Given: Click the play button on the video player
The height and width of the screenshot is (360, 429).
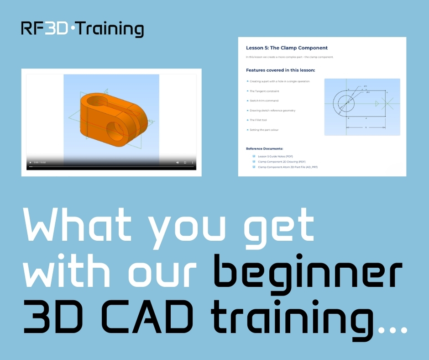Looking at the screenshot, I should click(x=31, y=163).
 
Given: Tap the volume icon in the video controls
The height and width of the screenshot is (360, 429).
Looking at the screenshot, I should click(x=178, y=163).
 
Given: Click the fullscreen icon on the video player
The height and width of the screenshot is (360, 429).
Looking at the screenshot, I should click(x=185, y=163).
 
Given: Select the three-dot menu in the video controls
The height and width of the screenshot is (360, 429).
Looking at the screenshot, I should click(x=192, y=163).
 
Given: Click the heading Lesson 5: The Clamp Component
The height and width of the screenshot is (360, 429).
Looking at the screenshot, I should click(x=287, y=48).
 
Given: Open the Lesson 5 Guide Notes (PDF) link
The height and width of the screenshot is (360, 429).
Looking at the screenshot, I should click(x=275, y=156).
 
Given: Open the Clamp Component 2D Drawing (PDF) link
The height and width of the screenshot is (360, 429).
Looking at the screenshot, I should click(x=282, y=162).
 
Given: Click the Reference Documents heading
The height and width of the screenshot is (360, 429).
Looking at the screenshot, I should click(x=264, y=148).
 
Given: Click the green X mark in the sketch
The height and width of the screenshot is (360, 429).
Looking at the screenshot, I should click(x=387, y=104).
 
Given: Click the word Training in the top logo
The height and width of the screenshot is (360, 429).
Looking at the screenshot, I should click(x=109, y=29).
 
